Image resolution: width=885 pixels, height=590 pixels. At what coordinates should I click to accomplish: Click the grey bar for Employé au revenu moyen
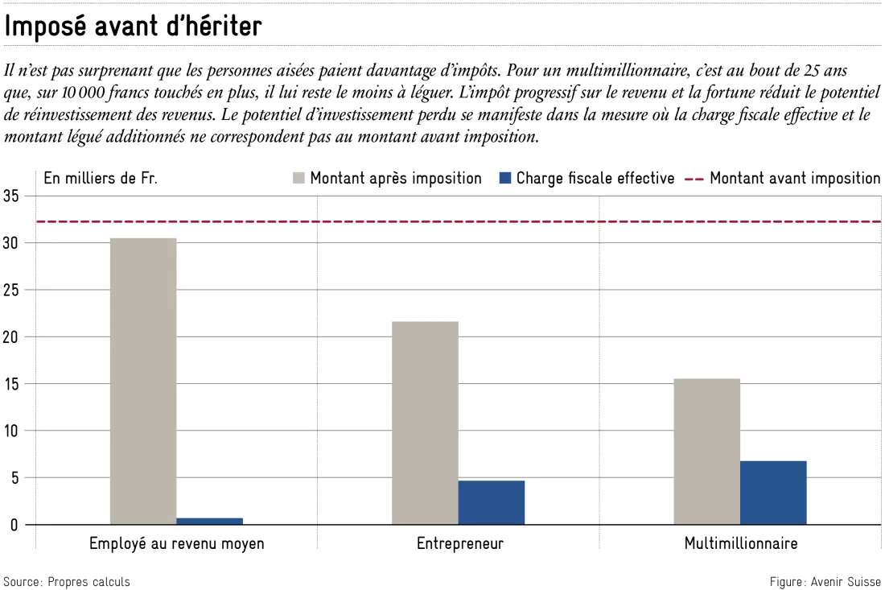pos(142,381)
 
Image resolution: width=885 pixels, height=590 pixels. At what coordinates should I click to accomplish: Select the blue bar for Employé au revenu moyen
pos(209,521)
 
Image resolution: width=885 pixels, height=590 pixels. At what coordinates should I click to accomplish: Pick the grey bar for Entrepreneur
pos(425,423)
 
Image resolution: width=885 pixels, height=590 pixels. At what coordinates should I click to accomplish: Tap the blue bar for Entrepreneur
pos(491,502)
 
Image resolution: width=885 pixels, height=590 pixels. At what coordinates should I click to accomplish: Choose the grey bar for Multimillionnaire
pos(706,452)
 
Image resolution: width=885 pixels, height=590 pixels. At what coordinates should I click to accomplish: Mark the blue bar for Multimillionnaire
pos(773,493)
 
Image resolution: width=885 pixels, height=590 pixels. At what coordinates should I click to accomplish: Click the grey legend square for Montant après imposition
pos(298,179)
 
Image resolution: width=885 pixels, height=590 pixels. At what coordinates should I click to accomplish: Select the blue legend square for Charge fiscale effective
pos(505,179)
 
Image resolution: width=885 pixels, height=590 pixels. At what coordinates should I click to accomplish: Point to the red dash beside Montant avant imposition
pos(694,179)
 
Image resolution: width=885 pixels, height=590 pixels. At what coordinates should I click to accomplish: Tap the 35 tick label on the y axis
pos(10,196)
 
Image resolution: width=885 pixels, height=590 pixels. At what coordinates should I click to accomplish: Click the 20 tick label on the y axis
pos(10,337)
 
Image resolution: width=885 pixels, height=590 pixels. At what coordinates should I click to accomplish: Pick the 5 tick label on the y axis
pos(14,477)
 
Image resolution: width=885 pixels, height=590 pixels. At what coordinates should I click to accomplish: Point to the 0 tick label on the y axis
pos(14,525)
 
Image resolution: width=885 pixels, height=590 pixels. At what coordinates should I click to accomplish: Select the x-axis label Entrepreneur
pos(460,543)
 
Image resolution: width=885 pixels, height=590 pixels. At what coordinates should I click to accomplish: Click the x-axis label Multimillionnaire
pos(741,543)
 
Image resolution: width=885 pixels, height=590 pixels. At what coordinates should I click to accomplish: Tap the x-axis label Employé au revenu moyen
pos(177,543)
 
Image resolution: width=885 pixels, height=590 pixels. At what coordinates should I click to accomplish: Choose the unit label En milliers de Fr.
pos(101,179)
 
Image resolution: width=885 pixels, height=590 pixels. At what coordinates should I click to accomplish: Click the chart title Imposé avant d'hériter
pos(134,26)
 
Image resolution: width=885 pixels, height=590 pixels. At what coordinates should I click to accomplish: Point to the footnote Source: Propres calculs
pos(67,581)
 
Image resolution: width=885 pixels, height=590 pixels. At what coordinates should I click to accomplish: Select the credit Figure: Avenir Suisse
pos(825,581)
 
